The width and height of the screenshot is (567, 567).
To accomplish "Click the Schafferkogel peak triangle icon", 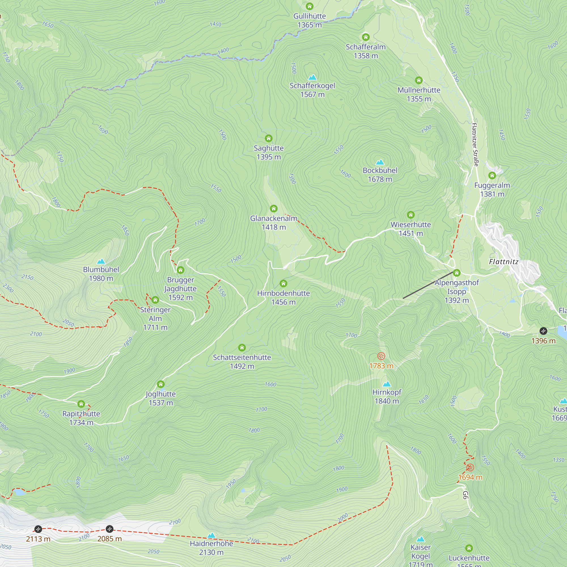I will (x=312, y=77).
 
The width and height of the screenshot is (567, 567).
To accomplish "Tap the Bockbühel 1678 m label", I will (x=380, y=175).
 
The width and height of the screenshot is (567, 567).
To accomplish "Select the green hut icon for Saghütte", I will (x=268, y=138).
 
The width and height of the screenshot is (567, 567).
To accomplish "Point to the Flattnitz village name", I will (x=503, y=262).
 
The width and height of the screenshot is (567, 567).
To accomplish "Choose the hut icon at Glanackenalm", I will (x=274, y=209).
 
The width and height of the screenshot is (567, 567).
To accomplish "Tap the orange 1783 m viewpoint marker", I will (x=381, y=356).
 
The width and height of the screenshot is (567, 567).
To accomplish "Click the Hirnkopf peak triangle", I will (x=387, y=384).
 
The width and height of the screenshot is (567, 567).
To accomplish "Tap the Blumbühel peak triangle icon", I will (x=101, y=261).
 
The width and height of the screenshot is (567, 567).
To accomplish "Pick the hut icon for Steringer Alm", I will (x=155, y=300).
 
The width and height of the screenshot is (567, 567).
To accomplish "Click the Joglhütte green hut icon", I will (x=160, y=384).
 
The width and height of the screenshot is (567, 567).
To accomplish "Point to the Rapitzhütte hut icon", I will (x=81, y=404).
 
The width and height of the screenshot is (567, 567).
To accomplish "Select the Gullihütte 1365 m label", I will (x=309, y=20).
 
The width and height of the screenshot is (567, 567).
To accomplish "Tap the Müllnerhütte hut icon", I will (x=418, y=81).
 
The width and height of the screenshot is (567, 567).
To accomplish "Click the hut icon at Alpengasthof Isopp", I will (x=456, y=273).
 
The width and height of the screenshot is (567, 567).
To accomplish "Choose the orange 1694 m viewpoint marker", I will (x=470, y=467).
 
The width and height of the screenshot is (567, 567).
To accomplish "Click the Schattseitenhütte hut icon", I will (x=242, y=348).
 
